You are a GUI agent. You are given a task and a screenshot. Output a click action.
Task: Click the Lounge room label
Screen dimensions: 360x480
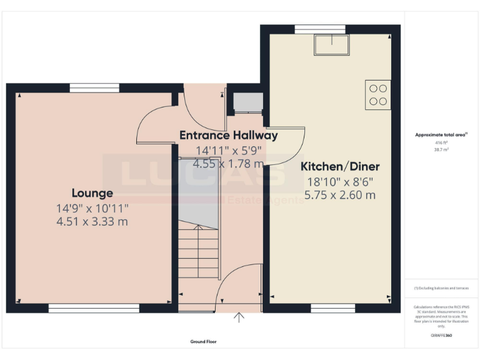pos(92,193)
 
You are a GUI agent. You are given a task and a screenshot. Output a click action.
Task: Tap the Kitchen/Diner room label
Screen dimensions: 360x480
pos(340,167)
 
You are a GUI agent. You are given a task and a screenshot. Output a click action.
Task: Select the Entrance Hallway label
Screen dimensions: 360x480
pos(228,135)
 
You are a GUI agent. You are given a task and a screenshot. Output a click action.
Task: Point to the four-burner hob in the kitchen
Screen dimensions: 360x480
pos(378,95)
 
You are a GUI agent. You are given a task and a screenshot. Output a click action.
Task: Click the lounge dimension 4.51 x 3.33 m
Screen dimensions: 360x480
pos(92,221)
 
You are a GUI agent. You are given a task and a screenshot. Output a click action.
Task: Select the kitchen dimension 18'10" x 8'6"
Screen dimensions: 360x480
pos(340,182)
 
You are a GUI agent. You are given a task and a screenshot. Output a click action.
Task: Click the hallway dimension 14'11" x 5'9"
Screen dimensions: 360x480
pos(228,151)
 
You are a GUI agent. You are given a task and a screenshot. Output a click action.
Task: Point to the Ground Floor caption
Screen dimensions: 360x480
pos(204,342)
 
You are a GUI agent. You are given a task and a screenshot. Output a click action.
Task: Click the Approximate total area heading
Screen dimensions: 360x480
pos(441,135)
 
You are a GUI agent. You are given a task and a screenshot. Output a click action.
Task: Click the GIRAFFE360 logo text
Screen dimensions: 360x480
pos(441,336)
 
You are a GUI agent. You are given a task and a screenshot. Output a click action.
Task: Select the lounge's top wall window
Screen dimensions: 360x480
pos(94,88)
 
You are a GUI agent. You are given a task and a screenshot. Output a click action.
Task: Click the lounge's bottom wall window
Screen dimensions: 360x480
pos(94,307)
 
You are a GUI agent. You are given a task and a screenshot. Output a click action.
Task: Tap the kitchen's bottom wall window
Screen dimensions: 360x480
pos(328,307)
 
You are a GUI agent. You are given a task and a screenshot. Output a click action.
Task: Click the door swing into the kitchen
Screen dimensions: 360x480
pos(284,145)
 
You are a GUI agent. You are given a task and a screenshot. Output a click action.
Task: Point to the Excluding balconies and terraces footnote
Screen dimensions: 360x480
pos(441,288)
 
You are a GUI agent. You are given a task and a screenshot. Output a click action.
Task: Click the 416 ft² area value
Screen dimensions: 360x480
pos(441,143)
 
